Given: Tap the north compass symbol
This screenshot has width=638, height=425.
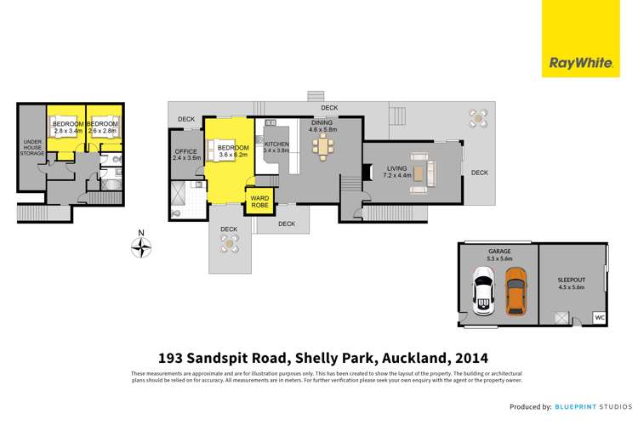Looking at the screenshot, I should coord(142,246).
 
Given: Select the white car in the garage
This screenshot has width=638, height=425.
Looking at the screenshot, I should coord(483,292).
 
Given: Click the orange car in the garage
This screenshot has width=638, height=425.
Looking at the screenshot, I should coord(516,292).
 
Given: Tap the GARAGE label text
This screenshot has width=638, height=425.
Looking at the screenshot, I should coord(498,252).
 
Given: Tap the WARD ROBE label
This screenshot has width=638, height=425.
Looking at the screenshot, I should coord(259,203).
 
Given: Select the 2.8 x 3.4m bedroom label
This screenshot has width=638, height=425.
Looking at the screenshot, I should coord(66,127).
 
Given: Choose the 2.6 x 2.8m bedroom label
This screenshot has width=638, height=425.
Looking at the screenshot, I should coord(102,127).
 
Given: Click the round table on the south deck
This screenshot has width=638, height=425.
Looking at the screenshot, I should coord(229,243).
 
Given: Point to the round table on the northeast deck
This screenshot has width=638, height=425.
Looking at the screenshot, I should coord(479,116).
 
